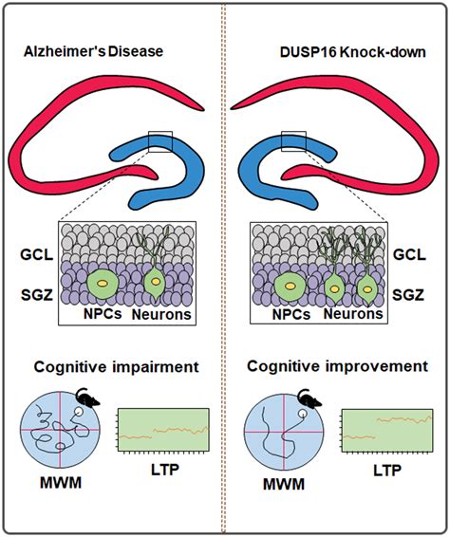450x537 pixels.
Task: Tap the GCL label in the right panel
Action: point(408,254)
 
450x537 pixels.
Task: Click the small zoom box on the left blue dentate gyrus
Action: point(158,141)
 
